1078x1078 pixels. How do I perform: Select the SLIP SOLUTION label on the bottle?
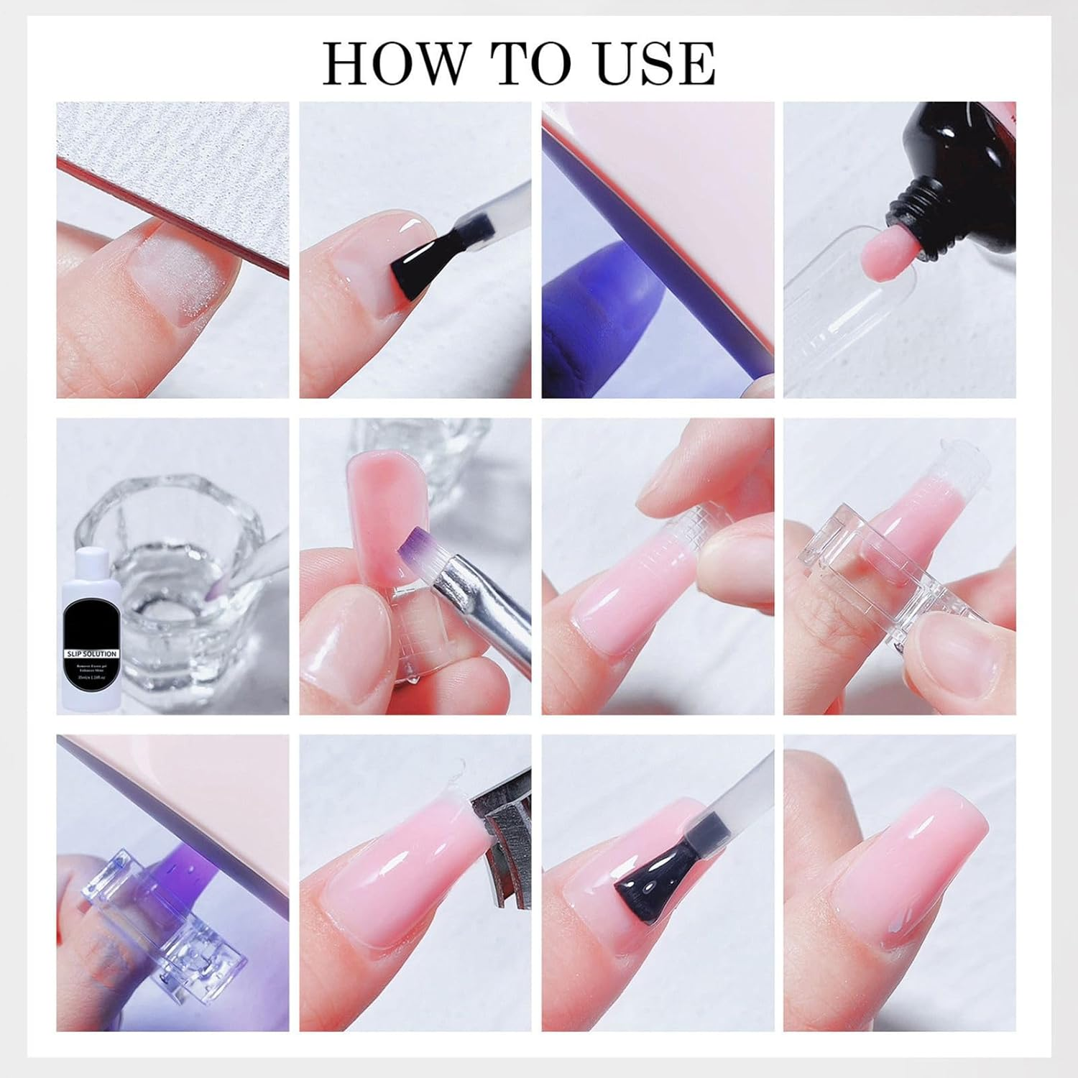[x=91, y=654]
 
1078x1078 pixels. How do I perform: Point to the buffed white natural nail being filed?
[x=180, y=277]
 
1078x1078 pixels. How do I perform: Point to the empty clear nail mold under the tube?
[x=826, y=302]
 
